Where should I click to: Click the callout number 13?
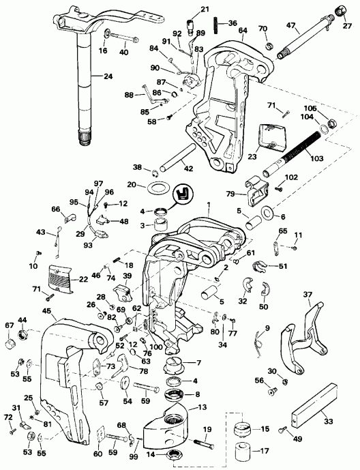click(202, 407)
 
